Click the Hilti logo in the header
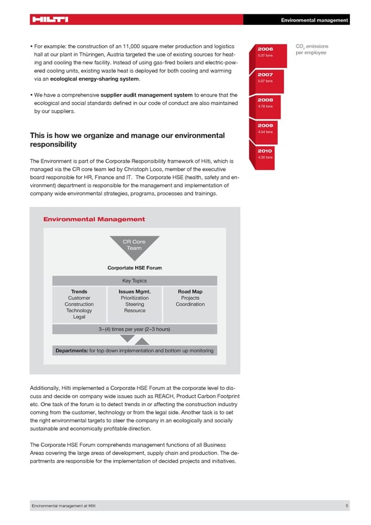tap(49, 19)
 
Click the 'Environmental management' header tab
tap(314, 20)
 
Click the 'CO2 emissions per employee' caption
tap(312, 49)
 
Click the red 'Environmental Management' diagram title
tap(94, 219)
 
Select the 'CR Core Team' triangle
tap(134, 245)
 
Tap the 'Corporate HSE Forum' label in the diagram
tap(134, 268)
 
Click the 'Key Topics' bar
tap(134, 280)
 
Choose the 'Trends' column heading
tap(79, 292)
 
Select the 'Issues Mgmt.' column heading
tap(134, 292)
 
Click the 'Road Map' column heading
tap(190, 292)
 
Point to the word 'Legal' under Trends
tap(79, 317)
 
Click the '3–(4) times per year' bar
tap(134, 329)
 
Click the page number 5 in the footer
tap(348, 507)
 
